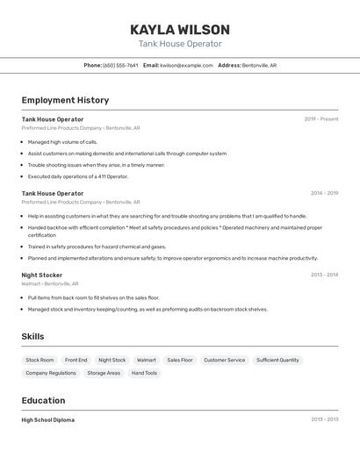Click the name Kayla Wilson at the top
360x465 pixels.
click(180, 30)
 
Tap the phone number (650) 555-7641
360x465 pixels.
click(120, 65)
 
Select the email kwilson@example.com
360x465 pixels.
click(186, 65)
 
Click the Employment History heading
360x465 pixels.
click(65, 100)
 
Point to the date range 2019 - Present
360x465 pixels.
click(320, 118)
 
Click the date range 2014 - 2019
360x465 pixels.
click(324, 193)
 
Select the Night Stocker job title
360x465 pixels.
click(42, 275)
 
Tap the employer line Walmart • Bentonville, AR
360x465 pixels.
click(50, 284)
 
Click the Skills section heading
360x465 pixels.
click(32, 336)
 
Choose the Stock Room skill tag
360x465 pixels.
click(40, 360)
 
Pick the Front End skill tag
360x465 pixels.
click(76, 360)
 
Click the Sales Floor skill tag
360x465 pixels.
click(180, 360)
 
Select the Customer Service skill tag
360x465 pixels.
click(224, 360)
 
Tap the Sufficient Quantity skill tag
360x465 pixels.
click(277, 360)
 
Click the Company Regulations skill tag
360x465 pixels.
click(51, 373)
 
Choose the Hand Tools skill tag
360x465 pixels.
click(144, 373)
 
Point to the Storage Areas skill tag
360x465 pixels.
click(104, 373)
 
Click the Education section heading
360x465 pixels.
click(44, 400)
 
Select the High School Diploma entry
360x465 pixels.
click(48, 420)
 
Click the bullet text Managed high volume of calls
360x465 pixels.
click(62, 141)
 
